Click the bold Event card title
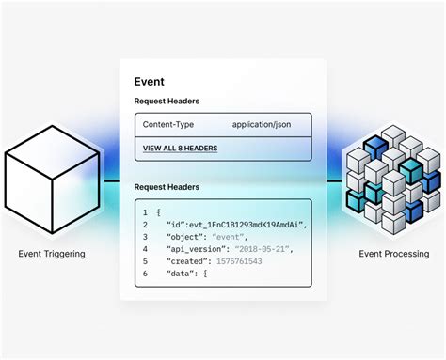coord(150,82)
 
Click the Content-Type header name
coord(168,124)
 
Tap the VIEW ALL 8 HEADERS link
coord(180,149)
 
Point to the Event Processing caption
coord(394,253)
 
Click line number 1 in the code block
coord(145,212)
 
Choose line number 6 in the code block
coord(145,274)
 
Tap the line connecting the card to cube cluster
coord(332,180)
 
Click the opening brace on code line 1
coord(159,212)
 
